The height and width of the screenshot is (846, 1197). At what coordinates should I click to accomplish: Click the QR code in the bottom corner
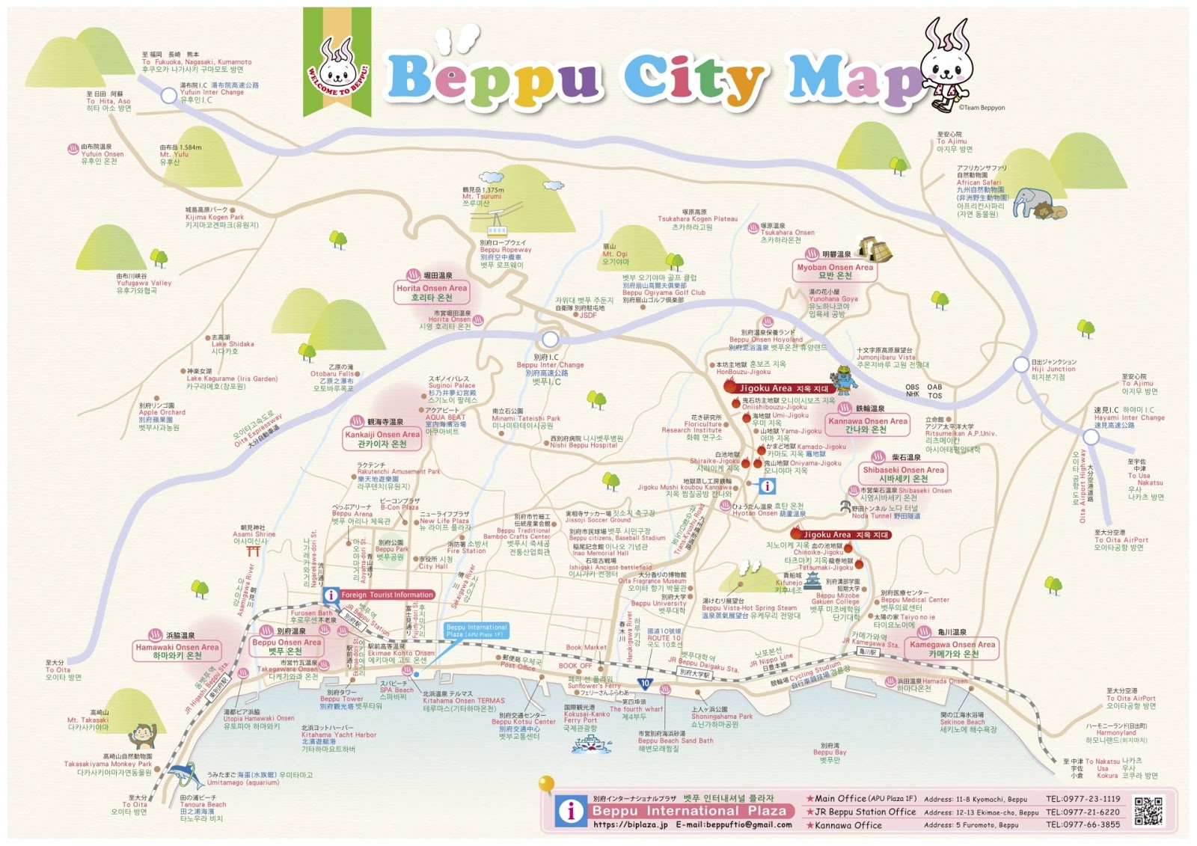tap(1148, 811)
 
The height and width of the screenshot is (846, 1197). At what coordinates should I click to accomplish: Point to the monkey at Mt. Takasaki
tap(142, 736)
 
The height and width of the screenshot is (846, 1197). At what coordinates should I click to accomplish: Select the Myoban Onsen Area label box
tap(835, 272)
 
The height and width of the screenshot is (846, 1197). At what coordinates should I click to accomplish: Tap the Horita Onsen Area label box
tap(432, 292)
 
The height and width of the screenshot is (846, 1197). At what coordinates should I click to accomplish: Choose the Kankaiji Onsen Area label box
tap(382, 439)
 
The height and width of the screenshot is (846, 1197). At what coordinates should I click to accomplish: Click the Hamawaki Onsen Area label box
tap(177, 652)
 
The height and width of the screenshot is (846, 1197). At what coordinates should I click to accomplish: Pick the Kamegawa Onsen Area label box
tap(952, 649)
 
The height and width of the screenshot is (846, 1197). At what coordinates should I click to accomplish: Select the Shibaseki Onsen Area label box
tap(904, 474)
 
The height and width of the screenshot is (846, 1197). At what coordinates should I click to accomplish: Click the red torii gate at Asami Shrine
tap(253, 551)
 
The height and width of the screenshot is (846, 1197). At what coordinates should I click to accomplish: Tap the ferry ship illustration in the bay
tap(591, 743)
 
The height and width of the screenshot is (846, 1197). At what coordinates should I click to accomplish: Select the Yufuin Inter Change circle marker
tap(169, 96)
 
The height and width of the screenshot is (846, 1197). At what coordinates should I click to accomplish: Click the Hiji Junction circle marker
tap(1021, 365)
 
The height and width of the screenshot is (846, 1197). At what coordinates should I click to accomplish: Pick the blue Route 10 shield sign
tap(645, 683)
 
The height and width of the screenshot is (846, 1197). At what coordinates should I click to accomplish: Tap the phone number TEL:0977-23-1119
tap(1083, 799)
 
